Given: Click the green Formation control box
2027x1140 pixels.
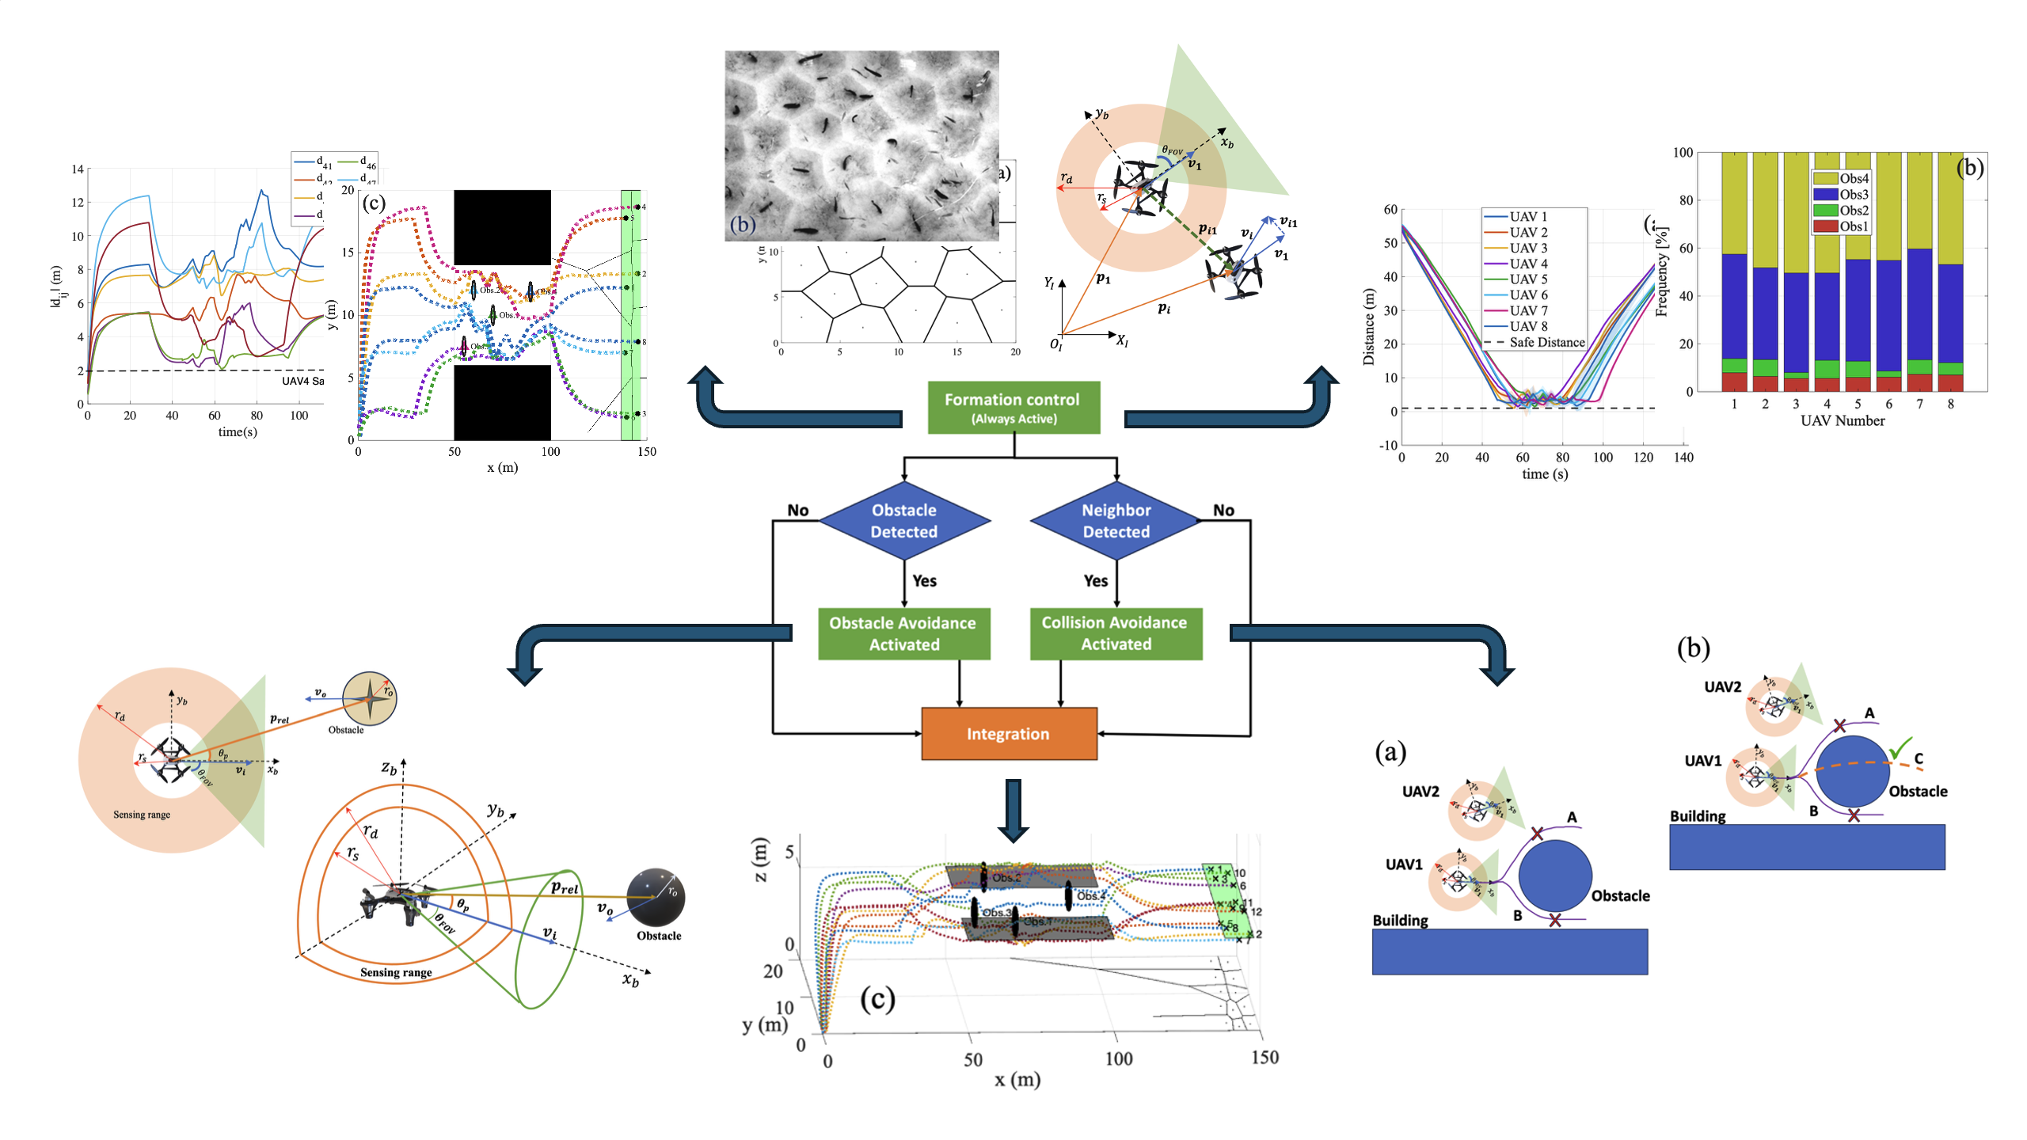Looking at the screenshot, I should point(1013,407).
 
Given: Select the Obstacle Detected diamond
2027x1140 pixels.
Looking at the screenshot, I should point(903,521).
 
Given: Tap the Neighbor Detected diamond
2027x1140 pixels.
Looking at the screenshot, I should point(1116,521).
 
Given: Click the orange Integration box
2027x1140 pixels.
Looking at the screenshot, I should point(1009,734).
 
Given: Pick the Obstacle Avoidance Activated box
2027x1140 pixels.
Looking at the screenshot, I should point(903,633).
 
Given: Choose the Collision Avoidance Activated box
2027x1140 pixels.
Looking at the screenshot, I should point(1115,633).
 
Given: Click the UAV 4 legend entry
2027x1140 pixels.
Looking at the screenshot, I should point(1527,264).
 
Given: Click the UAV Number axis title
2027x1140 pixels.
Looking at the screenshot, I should point(1842,421).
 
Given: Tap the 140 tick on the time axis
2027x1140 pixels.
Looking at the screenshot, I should point(1683,458).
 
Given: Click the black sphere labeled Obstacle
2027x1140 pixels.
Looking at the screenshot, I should point(656,897).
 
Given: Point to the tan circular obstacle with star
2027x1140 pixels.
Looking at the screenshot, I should point(369,698).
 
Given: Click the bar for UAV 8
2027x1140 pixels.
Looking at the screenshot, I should point(1950,272).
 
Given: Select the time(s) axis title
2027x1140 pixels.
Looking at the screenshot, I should point(238,432).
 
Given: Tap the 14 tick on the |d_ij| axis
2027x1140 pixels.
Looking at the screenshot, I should point(78,169).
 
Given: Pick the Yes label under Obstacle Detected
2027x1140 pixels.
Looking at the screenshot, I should point(924,581).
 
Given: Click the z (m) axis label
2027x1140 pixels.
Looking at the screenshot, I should point(760,860).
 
